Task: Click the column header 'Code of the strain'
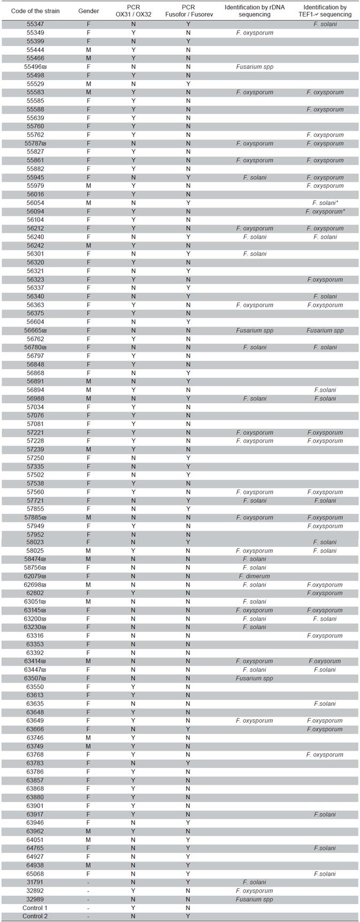(x=35, y=11)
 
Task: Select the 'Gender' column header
(x=89, y=11)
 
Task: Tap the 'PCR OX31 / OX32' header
(x=134, y=11)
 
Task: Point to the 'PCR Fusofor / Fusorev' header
(x=188, y=11)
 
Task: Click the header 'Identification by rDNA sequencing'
(x=255, y=11)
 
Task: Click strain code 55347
(x=35, y=24)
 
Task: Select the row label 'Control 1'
(x=35, y=908)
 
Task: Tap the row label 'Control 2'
(x=35, y=916)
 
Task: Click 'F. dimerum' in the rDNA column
(x=255, y=576)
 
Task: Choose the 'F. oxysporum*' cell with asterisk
(x=325, y=211)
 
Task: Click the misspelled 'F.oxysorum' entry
(x=325, y=661)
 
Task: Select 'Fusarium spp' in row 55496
(x=255, y=67)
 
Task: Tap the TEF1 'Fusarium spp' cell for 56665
(x=325, y=330)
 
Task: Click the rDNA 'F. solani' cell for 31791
(x=255, y=882)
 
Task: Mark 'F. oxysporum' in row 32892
(x=255, y=890)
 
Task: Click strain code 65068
(x=35, y=874)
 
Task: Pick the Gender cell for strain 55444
(x=89, y=50)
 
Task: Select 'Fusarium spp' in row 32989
(x=255, y=899)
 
